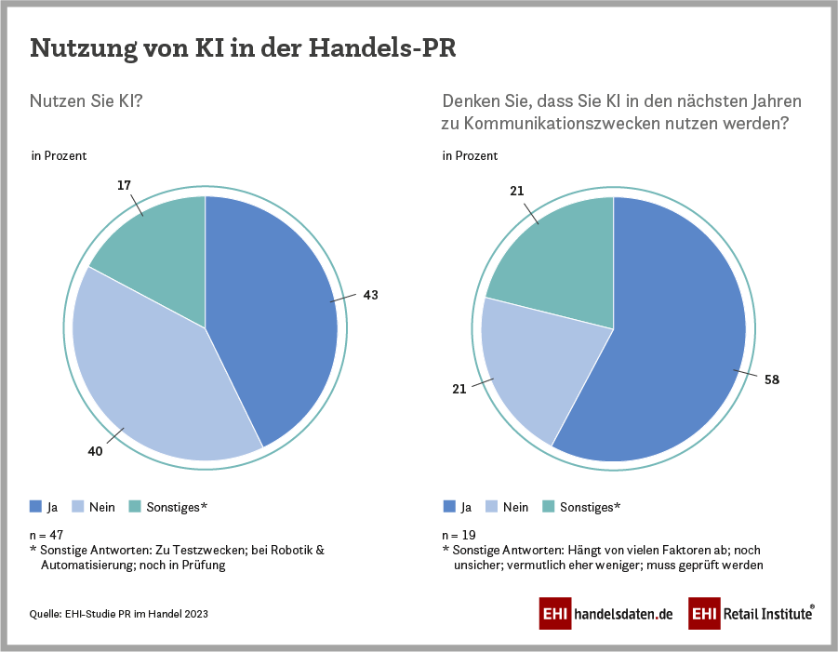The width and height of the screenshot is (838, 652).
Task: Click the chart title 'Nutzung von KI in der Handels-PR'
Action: point(244,48)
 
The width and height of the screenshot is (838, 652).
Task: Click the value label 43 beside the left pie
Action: point(371,294)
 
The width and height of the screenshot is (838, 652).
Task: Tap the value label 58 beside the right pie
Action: point(771,380)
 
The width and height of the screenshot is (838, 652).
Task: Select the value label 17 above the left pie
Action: point(124,185)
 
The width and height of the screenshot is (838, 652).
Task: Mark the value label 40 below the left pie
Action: point(95,451)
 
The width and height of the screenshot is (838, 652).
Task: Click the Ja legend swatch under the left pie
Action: point(35,507)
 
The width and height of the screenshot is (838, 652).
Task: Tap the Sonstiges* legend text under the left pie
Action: point(177,507)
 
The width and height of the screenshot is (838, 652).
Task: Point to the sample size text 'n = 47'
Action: point(47,536)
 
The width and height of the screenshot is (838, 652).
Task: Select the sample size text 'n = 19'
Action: point(459,536)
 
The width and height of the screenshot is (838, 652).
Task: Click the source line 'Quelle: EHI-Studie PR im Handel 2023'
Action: point(119,614)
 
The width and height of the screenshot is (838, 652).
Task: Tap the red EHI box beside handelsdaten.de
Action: point(554,614)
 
